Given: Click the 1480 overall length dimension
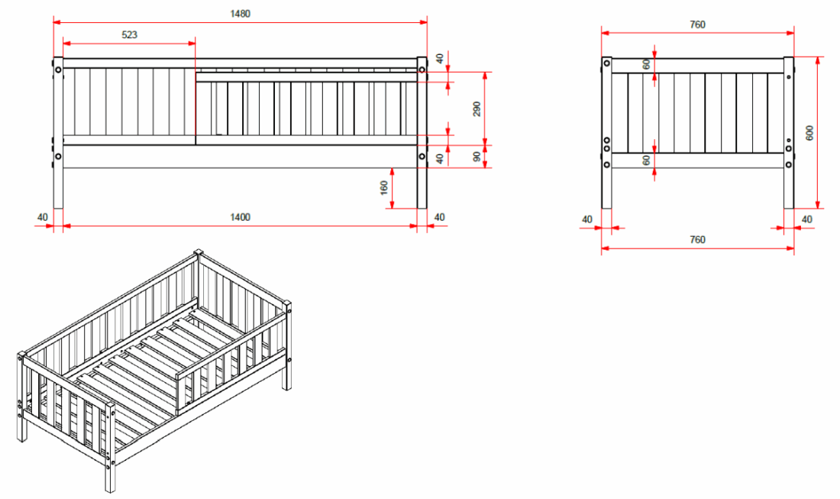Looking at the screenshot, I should point(239,14).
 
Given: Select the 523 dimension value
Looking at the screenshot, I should point(131,34).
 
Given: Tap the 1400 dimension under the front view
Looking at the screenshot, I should point(240,217).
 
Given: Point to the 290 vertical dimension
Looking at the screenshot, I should point(477,109).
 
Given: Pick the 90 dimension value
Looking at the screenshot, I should point(477,156).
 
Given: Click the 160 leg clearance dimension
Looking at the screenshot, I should point(383,186).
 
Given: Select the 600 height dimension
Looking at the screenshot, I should point(809,131).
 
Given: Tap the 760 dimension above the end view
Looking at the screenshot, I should point(697,24).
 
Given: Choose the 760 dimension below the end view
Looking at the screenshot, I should point(697,239).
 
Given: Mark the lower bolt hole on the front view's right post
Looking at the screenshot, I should point(422,157).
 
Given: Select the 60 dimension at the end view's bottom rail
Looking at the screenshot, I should point(646,160).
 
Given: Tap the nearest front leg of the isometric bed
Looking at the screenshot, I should point(110,458).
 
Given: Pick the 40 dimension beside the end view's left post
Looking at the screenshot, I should point(587,219).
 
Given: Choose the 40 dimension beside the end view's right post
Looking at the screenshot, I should point(807,219).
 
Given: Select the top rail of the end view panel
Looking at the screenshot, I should point(697,65).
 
